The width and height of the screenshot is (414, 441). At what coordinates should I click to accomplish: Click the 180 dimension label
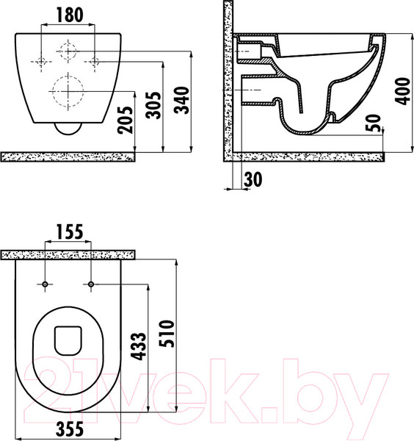(x=70, y=15)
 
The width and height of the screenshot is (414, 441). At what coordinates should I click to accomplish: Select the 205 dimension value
(x=125, y=120)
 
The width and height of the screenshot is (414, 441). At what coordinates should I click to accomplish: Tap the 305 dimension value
(x=154, y=105)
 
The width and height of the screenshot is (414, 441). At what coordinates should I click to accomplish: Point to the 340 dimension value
(x=181, y=100)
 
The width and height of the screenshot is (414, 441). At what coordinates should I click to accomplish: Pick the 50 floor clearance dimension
(x=373, y=123)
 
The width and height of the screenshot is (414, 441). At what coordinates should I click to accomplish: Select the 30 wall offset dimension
(x=253, y=179)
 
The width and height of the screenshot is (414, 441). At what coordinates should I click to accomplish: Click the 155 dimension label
(x=70, y=232)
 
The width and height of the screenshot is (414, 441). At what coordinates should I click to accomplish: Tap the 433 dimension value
(x=139, y=346)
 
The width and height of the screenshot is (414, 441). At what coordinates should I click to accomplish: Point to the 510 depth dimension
(x=167, y=334)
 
